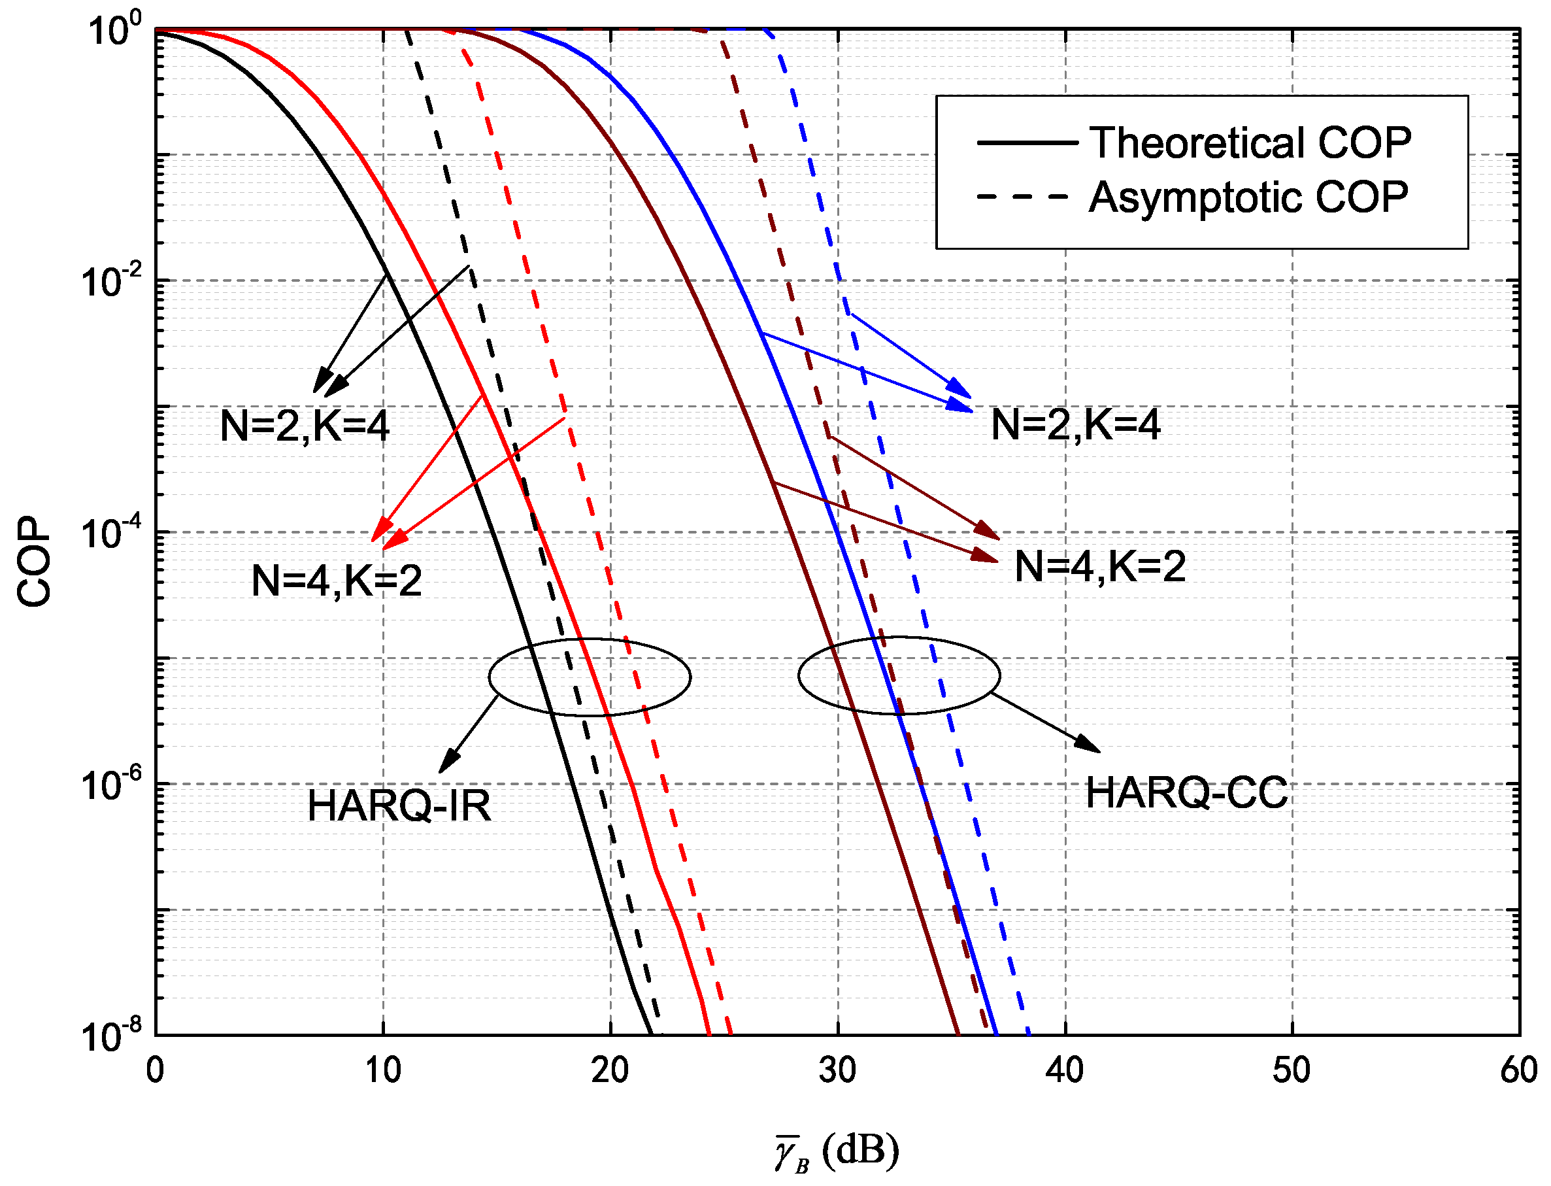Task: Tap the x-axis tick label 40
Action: (1064, 1070)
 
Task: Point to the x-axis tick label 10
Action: (382, 1070)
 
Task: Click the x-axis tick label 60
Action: (1518, 1070)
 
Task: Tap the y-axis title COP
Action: (34, 562)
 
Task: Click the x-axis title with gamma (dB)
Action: (837, 1151)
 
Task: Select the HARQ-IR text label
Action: (399, 805)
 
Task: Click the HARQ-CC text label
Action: (1186, 792)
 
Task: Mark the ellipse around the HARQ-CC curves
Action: (798, 675)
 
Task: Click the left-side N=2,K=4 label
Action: (305, 426)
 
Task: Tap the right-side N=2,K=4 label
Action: (1075, 425)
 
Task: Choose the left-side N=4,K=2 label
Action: (337, 581)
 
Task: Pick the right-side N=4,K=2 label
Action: (1100, 566)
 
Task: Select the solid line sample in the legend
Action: (1027, 143)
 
